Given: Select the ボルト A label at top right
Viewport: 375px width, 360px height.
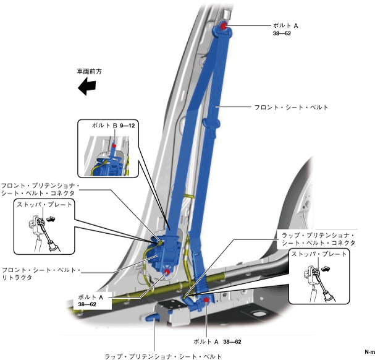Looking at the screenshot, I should (285, 26).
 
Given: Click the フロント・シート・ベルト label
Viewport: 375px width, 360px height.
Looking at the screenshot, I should (291, 107).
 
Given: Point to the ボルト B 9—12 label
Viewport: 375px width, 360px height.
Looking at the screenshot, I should (112, 126).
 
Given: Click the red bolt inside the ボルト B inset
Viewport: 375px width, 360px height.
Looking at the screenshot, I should (114, 147).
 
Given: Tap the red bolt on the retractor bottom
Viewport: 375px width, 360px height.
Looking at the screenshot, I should (167, 271).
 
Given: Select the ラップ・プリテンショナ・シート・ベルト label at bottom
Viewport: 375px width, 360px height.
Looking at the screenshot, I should (163, 356).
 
